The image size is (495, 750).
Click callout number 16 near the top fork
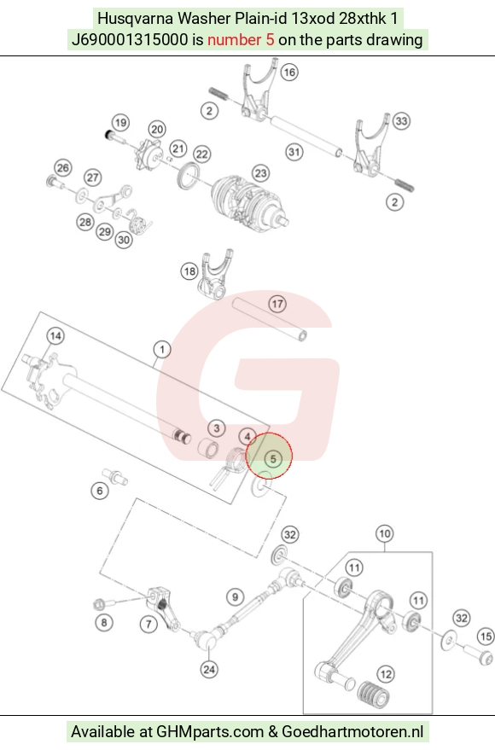click(288, 73)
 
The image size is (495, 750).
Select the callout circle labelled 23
click(260, 173)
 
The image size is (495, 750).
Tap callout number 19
click(121, 123)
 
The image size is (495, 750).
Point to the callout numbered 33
click(401, 121)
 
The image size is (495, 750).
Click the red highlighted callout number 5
click(273, 459)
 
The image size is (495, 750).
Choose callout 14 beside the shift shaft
click(55, 336)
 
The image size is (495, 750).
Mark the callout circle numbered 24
click(209, 669)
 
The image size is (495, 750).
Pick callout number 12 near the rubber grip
click(386, 674)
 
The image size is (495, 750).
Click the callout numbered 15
click(486, 637)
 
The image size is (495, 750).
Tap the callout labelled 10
click(385, 533)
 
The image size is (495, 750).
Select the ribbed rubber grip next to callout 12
click(373, 695)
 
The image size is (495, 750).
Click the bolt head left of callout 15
click(478, 654)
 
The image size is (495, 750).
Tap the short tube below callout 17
click(270, 319)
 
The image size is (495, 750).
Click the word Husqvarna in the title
click(136, 19)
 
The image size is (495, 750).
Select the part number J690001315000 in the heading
click(130, 40)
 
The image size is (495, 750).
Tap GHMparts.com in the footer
click(210, 732)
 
